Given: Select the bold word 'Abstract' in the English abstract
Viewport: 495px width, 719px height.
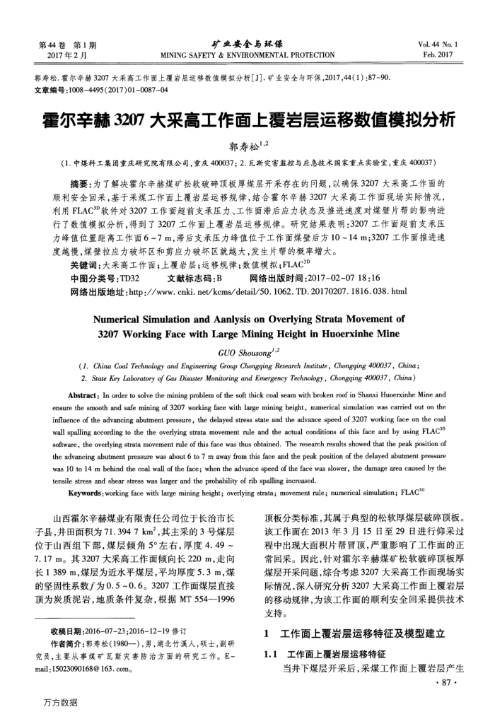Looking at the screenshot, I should (85, 375).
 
